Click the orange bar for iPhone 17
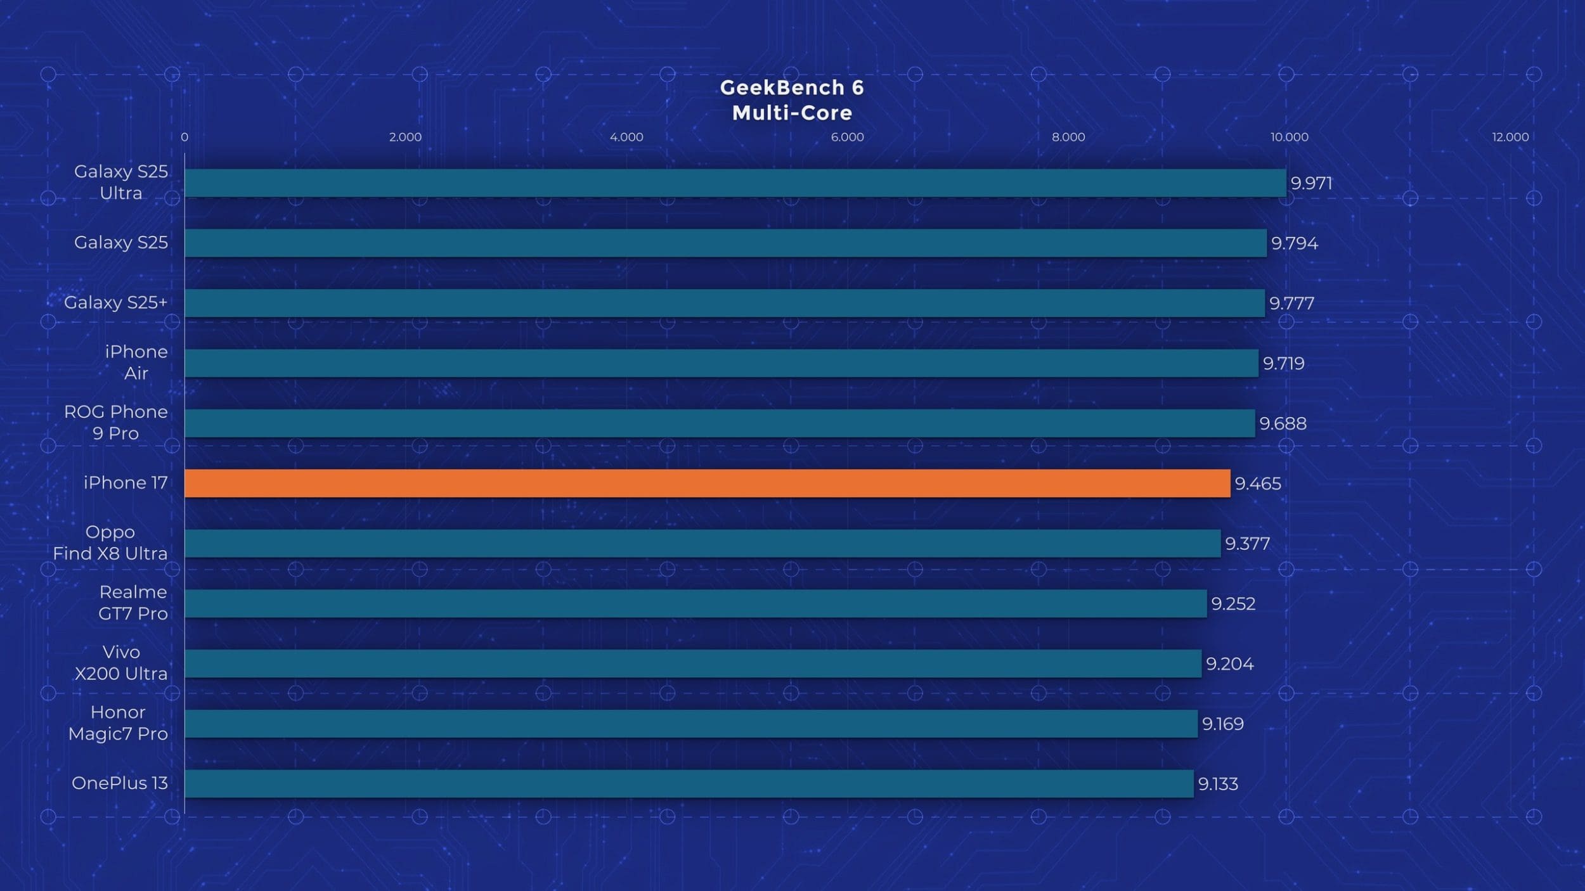click(707, 483)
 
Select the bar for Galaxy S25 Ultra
click(735, 183)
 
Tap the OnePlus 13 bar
click(689, 783)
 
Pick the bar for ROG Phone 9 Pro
click(720, 423)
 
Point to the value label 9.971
click(1311, 183)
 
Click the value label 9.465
click(1258, 484)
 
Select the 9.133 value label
click(1217, 784)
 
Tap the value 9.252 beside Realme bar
click(1233, 603)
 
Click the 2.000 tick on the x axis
click(405, 137)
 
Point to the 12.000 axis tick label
click(1510, 137)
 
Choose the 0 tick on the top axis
click(184, 137)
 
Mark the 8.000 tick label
click(1068, 137)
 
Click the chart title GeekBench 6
click(792, 87)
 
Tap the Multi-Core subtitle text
click(792, 113)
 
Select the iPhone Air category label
click(136, 362)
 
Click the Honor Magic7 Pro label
click(118, 723)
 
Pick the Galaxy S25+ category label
click(116, 302)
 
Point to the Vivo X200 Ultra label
click(121, 663)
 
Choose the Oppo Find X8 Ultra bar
click(702, 543)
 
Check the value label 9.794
click(1294, 243)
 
